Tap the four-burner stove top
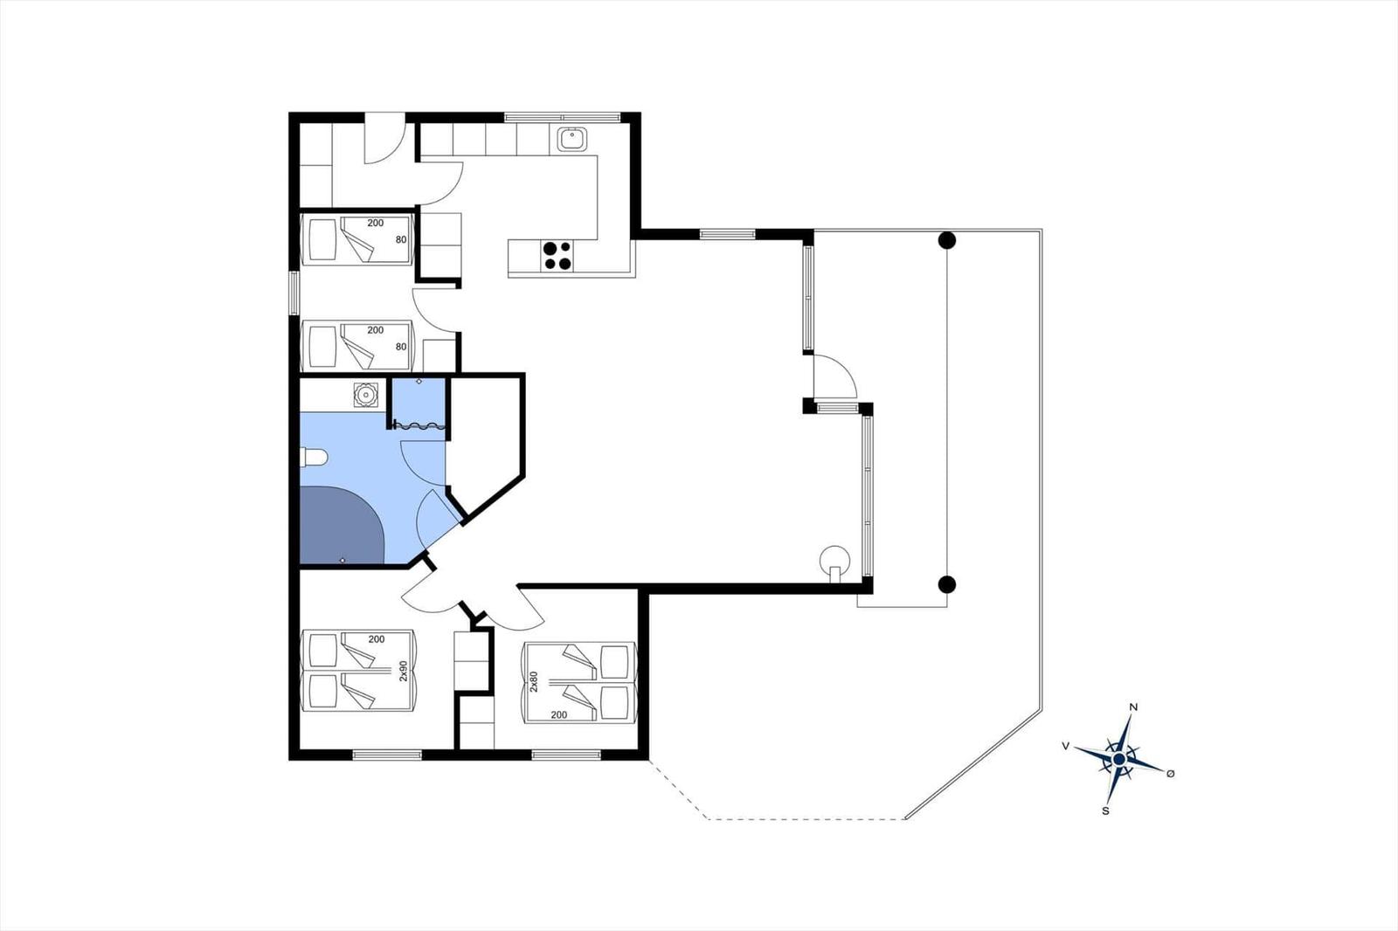pos(557,256)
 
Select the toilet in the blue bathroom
pos(314,458)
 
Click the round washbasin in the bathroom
pos(363,395)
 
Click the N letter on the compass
pos(1134,707)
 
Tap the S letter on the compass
pos(1105,811)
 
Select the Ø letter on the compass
pos(1170,773)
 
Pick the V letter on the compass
pos(1066,746)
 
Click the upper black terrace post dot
pos(947,240)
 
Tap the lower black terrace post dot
pos(947,584)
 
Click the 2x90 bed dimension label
pos(403,671)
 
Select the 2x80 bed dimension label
pos(534,682)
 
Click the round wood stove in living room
pos(834,561)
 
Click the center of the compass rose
pos(1119,759)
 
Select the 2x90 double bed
pos(357,671)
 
